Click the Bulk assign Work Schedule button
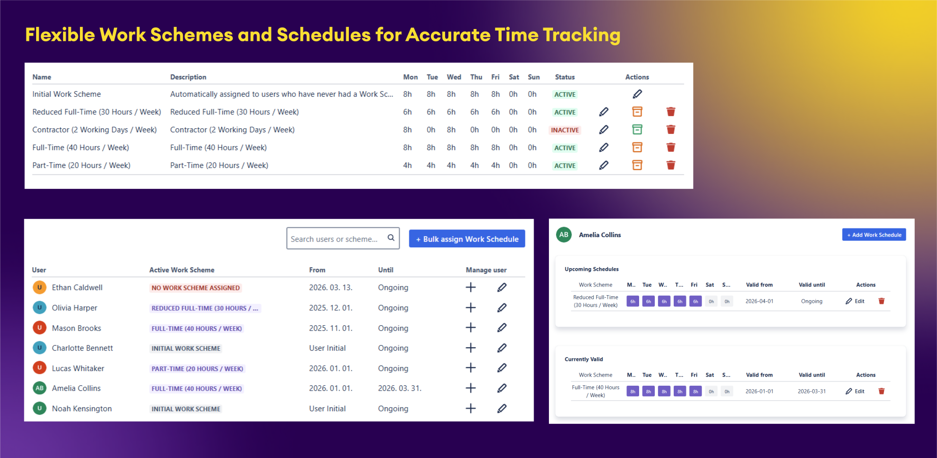[x=466, y=239]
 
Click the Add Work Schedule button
[x=874, y=235]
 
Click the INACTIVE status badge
[x=565, y=130]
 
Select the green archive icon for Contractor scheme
[x=637, y=129]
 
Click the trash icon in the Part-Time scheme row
[x=671, y=165]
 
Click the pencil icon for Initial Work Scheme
[x=637, y=94]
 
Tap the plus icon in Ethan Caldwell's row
[x=471, y=288]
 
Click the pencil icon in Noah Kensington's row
[x=502, y=408]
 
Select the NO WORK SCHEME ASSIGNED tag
[x=196, y=288]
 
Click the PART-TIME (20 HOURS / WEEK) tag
[x=197, y=369]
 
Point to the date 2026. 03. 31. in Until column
[x=400, y=388]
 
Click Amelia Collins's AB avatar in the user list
[x=40, y=388]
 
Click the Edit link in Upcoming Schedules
[x=856, y=301]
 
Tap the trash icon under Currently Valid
[x=881, y=391]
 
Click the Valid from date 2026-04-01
[x=759, y=301]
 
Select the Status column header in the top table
[x=565, y=77]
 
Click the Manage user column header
[x=486, y=270]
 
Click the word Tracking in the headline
[x=582, y=35]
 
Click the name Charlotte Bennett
[x=82, y=348]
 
